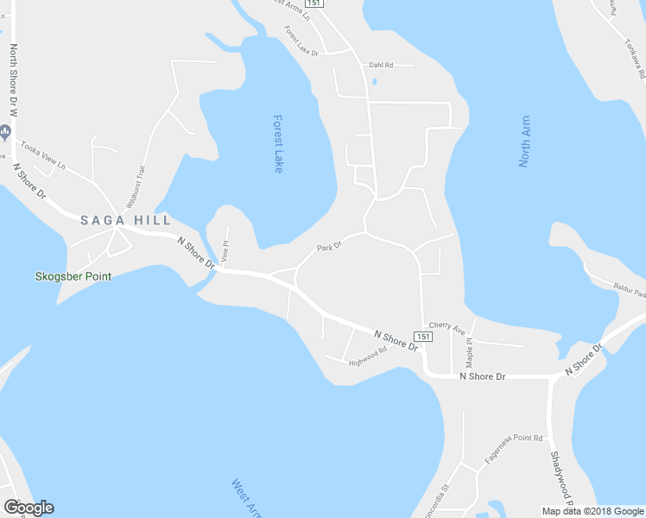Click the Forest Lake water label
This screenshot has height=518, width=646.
(277, 143)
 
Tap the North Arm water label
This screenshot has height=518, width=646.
(524, 142)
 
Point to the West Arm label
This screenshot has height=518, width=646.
(245, 498)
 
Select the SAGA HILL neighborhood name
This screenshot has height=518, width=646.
(125, 220)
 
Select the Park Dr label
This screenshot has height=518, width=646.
(329, 247)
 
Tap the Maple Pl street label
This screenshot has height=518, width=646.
(470, 351)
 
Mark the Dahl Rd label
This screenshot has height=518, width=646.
(381, 65)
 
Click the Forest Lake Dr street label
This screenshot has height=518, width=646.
(302, 41)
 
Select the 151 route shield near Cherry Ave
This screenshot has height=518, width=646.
(422, 336)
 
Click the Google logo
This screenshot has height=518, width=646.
(28, 508)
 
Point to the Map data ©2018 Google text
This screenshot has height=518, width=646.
(592, 511)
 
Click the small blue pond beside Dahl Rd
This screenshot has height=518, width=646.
(374, 82)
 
